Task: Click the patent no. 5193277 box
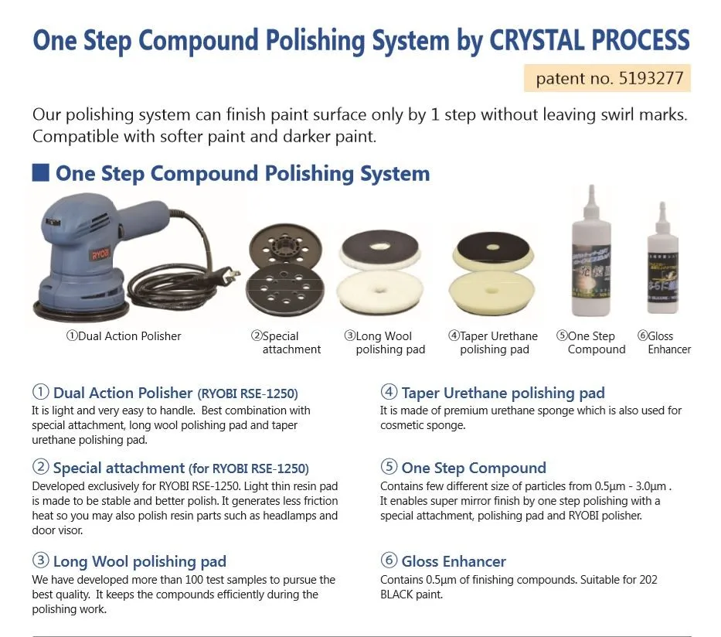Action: point(607,78)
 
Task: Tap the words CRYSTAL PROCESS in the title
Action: point(589,40)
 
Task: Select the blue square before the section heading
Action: point(40,172)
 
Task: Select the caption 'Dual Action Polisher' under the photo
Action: point(124,336)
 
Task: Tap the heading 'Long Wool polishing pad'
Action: point(139,561)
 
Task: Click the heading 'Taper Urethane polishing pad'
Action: point(502,393)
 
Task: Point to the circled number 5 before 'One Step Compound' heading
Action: point(389,468)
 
